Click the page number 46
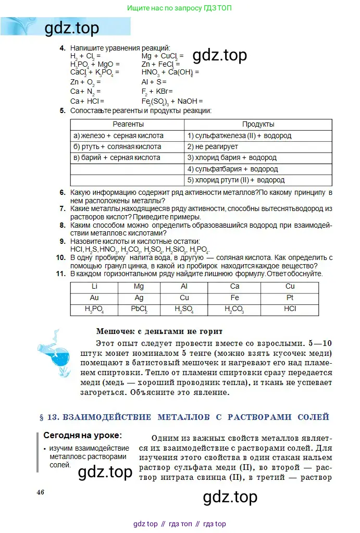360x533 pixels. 40,492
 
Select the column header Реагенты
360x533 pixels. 128,125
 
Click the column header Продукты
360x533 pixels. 258,125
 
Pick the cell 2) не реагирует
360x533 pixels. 213,147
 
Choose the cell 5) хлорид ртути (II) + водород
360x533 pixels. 236,180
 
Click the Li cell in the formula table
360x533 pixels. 94,287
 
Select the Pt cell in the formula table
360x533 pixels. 290,298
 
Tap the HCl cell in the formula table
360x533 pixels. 290,309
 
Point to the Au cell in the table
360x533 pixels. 94,298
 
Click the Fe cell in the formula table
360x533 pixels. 234,298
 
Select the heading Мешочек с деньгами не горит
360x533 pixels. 159,331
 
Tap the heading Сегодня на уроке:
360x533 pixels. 82,435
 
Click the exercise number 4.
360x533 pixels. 62,48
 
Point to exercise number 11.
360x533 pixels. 60,274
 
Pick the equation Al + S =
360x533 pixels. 154,82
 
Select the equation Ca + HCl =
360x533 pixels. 87,101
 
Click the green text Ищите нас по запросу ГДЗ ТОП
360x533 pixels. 179,8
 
